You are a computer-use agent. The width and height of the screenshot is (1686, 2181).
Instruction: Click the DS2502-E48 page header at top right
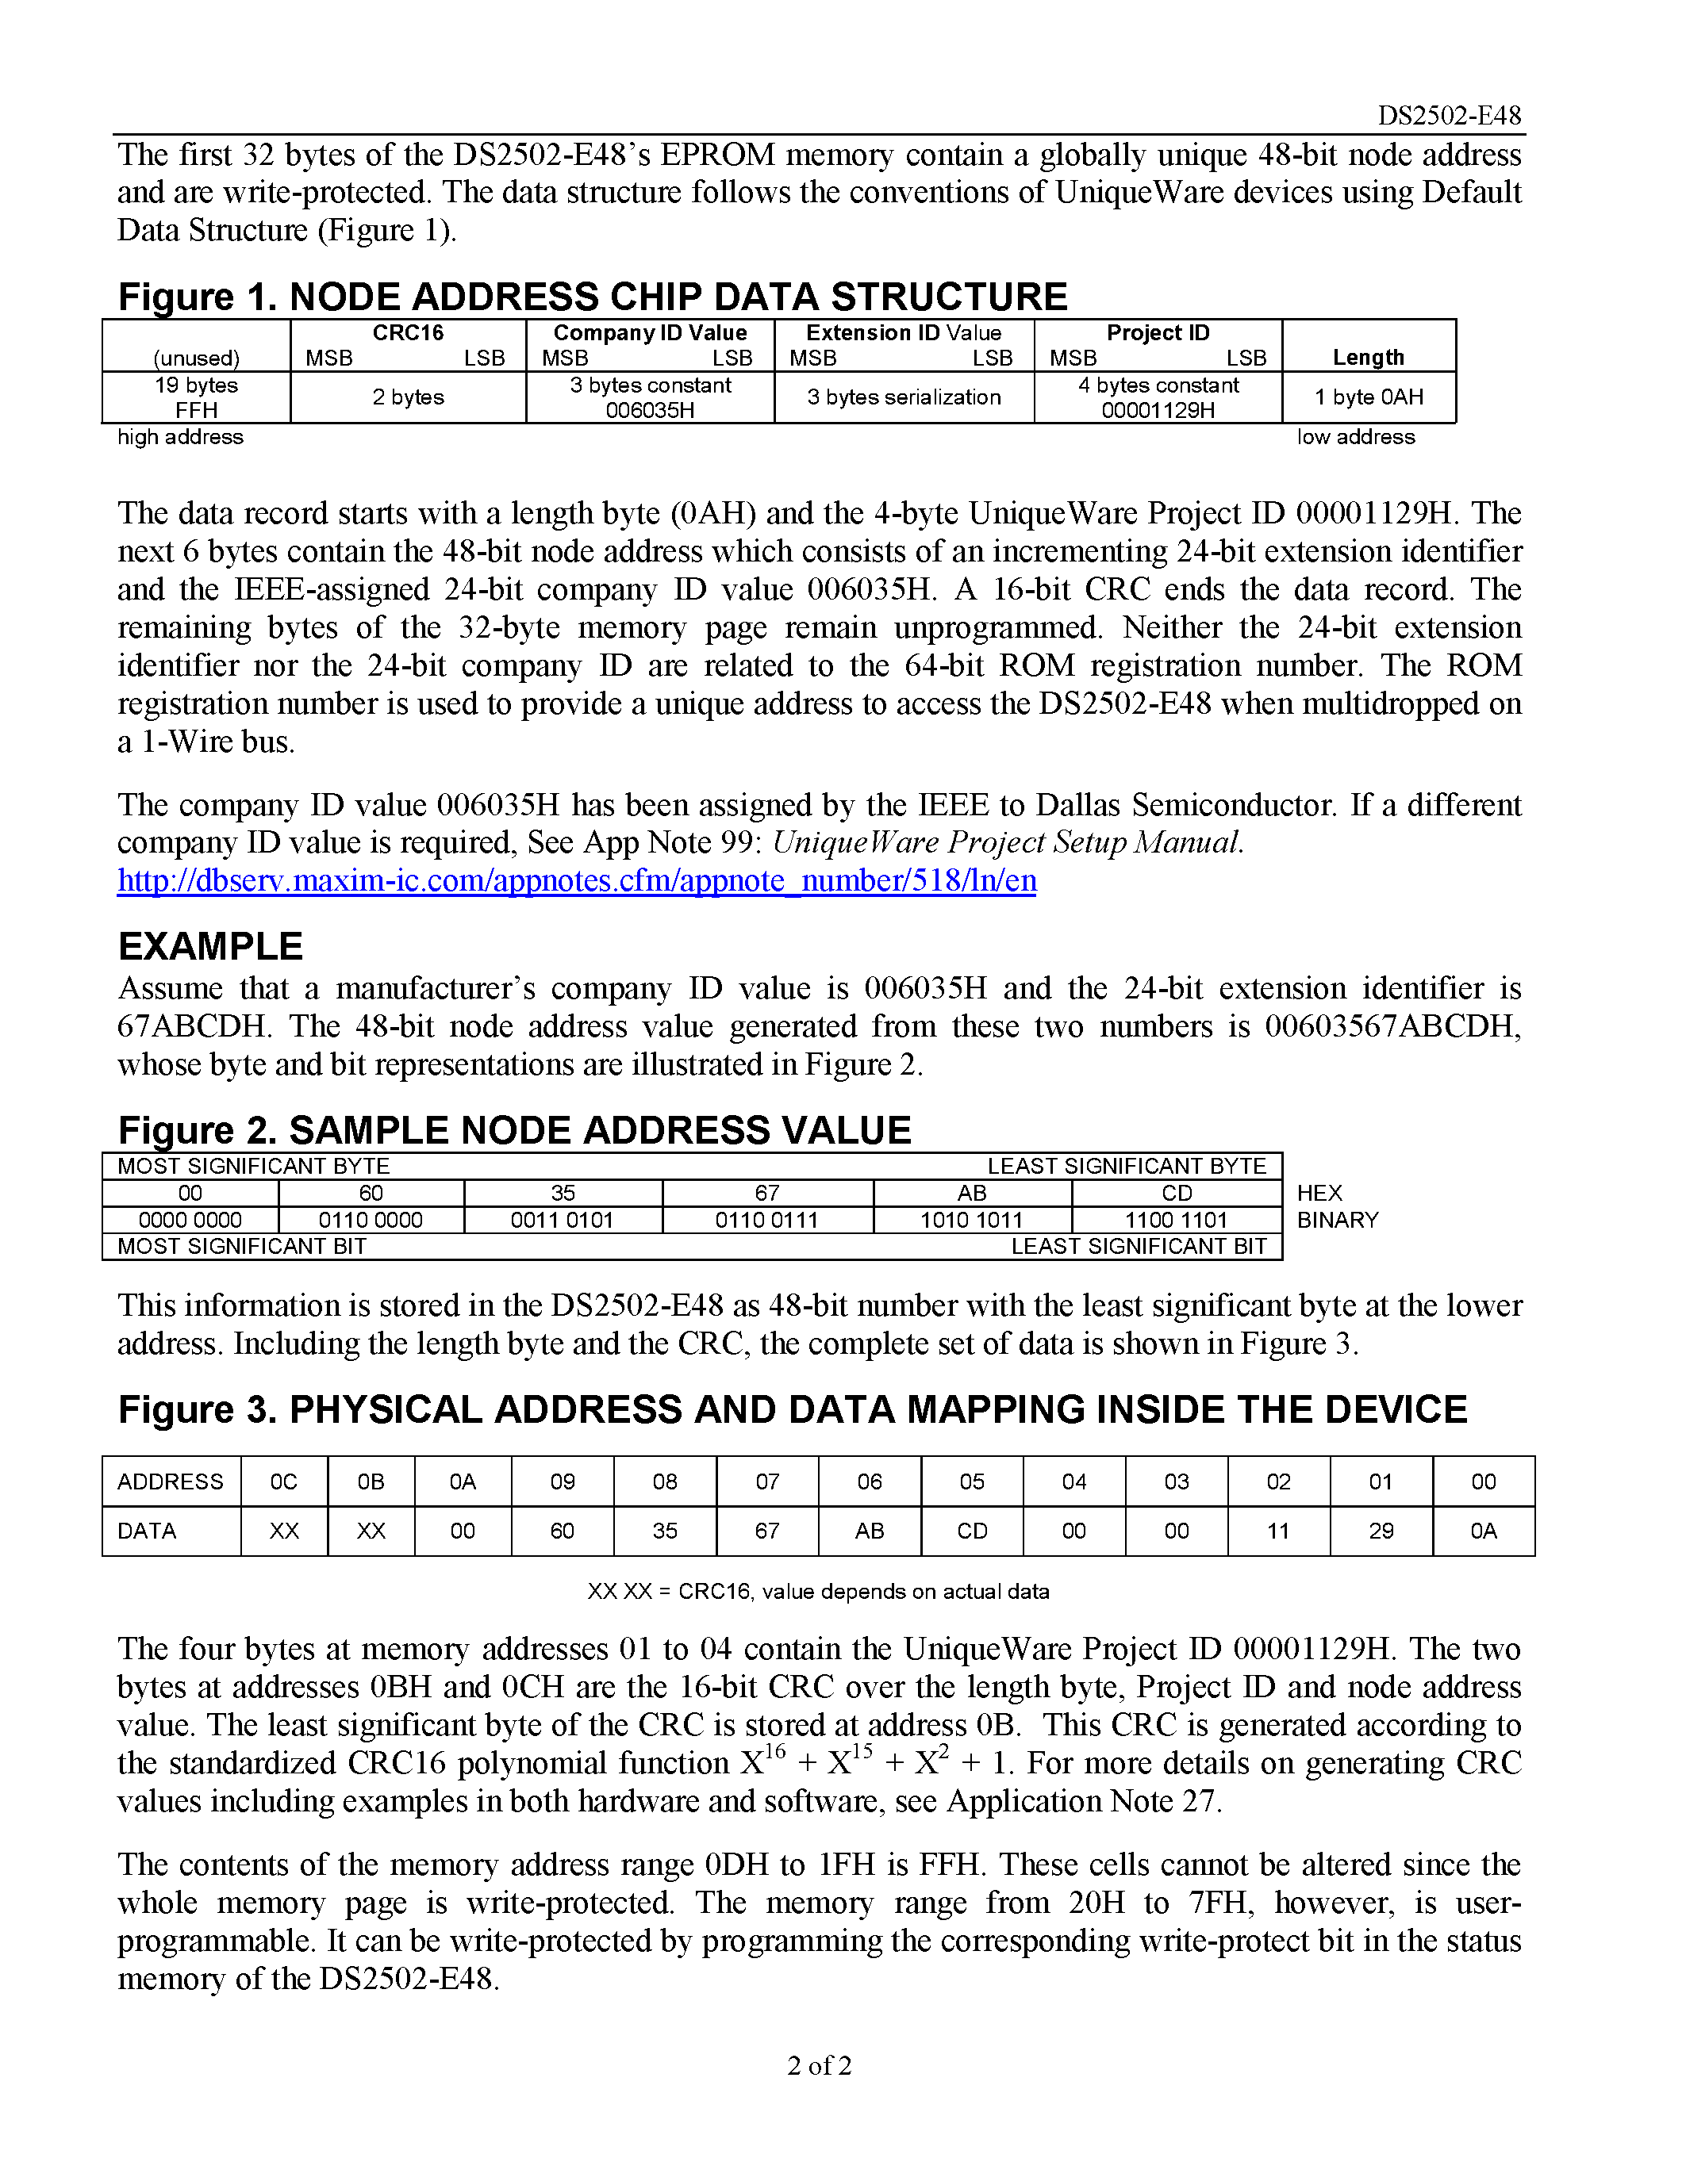point(1448,116)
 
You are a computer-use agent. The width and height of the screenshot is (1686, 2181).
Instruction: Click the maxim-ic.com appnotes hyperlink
point(576,881)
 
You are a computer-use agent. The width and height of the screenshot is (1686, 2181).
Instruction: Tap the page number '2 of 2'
point(819,2065)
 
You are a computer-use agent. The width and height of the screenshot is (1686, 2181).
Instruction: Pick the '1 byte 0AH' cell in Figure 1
point(1369,397)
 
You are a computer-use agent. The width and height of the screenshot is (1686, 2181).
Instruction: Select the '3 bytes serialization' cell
point(903,397)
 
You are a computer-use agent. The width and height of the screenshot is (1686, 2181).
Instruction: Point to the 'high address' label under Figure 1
point(180,438)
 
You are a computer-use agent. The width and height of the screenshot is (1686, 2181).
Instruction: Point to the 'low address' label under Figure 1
point(1355,438)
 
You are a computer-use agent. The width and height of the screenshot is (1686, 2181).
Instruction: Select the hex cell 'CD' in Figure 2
point(1177,1194)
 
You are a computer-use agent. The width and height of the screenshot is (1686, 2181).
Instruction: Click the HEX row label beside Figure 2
point(1319,1194)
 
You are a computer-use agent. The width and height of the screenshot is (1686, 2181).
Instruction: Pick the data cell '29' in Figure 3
point(1381,1531)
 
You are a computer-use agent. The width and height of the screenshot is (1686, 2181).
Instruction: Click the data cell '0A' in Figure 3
point(1483,1531)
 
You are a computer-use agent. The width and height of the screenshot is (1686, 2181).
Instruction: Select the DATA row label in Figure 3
point(147,1531)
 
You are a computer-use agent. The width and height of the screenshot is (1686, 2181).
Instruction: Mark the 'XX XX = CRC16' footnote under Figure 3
point(818,1592)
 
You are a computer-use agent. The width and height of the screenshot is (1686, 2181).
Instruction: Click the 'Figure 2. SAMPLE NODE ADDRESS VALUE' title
point(514,1130)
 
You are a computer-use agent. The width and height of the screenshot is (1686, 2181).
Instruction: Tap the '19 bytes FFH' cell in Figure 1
point(196,397)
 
